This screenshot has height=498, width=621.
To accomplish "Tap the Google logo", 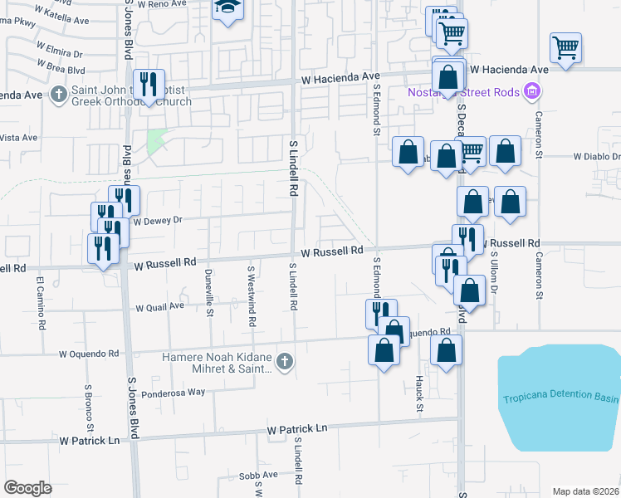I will [28, 487].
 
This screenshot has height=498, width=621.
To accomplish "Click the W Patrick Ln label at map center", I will [297, 429].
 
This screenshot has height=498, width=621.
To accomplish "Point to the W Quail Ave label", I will [159, 306].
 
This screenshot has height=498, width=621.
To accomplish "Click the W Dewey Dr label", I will [157, 221].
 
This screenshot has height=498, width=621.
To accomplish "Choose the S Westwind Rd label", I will [252, 295].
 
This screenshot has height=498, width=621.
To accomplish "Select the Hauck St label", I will [420, 393].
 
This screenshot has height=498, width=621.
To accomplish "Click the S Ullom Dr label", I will [493, 274].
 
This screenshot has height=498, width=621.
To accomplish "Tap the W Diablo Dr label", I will [596, 156].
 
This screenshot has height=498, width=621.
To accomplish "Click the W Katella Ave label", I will [66, 18].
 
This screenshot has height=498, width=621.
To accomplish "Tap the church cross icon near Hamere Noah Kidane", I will [285, 361].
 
